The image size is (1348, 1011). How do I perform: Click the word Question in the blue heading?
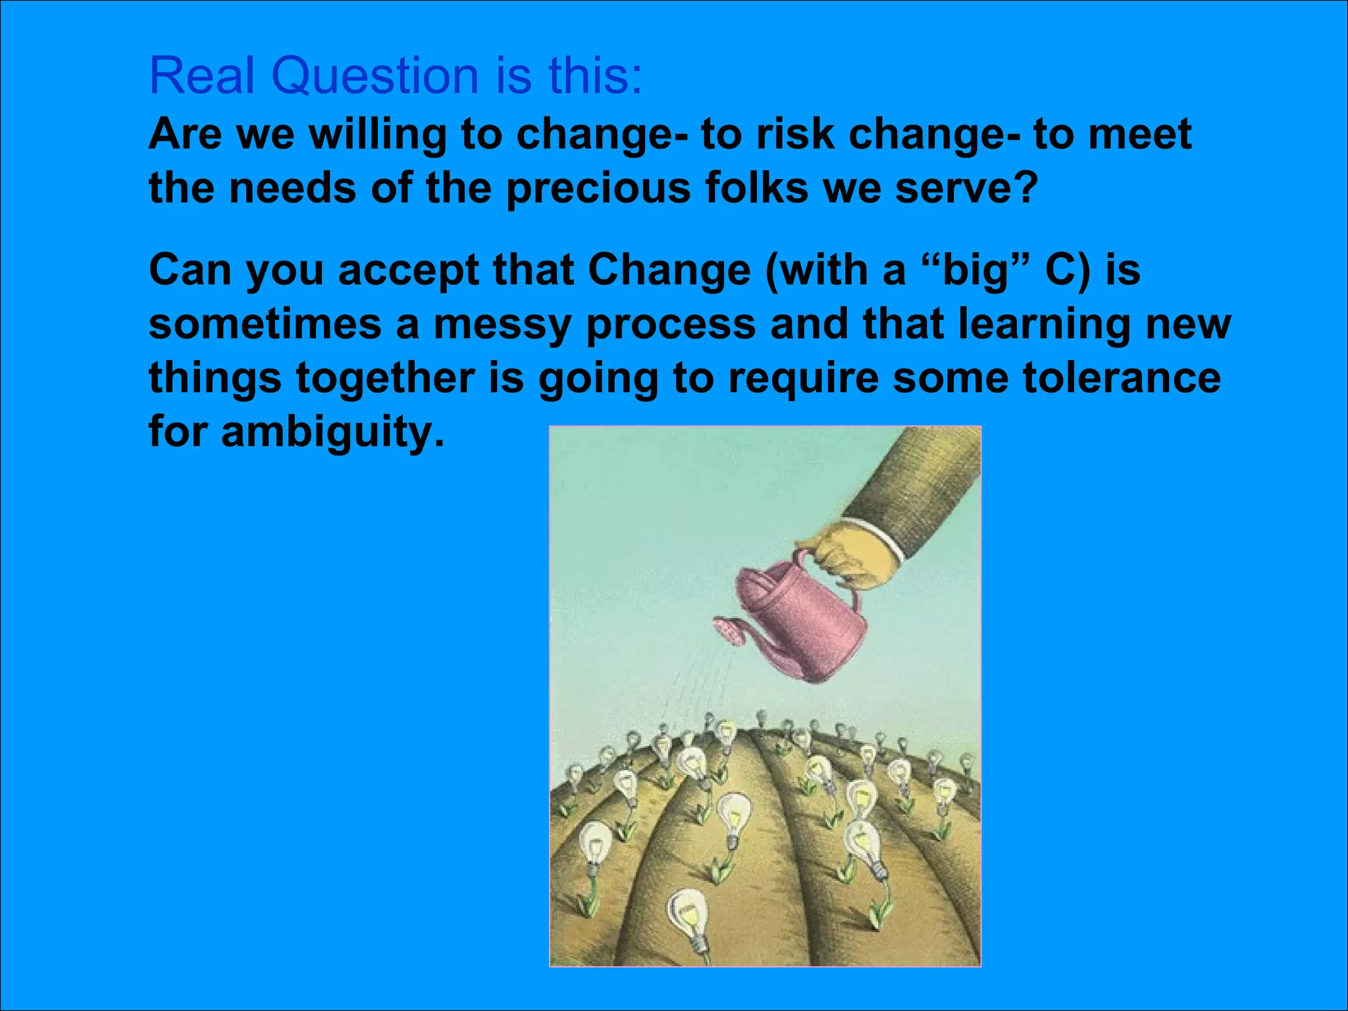point(375,76)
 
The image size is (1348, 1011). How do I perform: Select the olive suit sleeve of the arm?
point(921,487)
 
